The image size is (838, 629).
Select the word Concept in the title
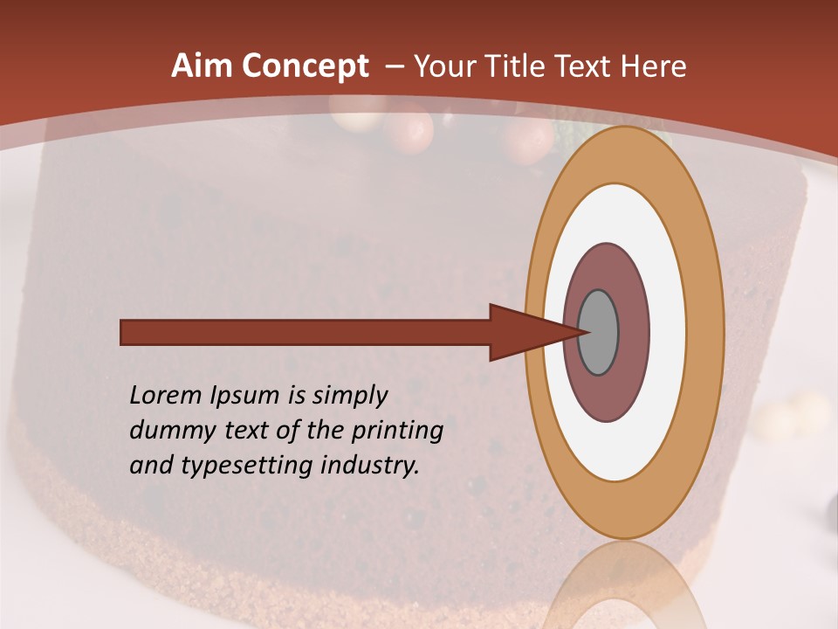tap(305, 67)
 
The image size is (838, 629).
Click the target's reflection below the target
tap(623, 585)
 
